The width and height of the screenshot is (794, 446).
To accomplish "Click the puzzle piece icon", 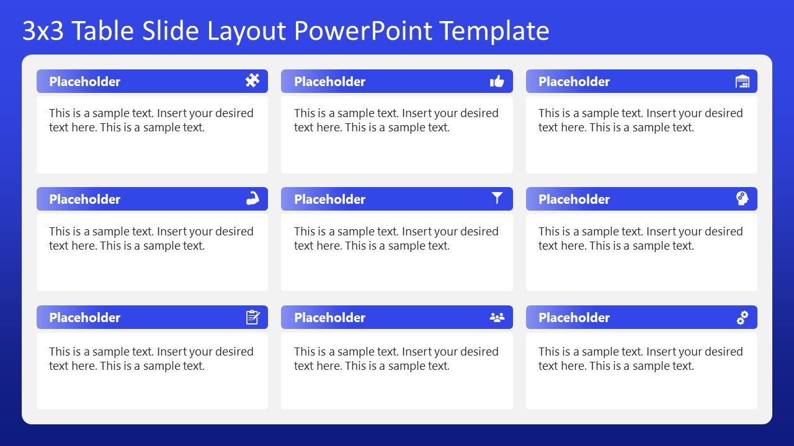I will (x=252, y=81).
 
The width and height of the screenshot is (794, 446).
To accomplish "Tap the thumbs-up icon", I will (x=497, y=81).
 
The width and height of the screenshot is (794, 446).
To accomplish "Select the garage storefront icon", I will (x=742, y=81).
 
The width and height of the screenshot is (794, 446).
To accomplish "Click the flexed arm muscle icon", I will (x=252, y=199).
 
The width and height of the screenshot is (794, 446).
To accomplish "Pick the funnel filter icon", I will (x=497, y=198).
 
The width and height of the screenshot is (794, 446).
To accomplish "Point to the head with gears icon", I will (x=742, y=198).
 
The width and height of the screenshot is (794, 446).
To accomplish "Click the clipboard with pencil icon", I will (x=252, y=317).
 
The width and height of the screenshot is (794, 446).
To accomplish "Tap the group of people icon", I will (x=497, y=317).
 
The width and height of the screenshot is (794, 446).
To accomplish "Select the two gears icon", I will (x=742, y=317).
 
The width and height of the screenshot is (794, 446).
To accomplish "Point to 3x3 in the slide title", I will (x=43, y=31).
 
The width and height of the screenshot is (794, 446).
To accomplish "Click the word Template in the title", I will (x=494, y=31).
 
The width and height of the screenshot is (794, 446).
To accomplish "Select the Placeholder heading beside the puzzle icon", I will (x=84, y=82).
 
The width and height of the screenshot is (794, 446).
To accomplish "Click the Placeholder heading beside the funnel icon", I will (x=329, y=199).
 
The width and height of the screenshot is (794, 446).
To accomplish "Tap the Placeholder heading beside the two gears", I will (x=574, y=318).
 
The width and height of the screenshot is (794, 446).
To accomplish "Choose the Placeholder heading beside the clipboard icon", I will (x=84, y=318).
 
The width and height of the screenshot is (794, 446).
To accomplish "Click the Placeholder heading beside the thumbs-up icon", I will (x=329, y=82).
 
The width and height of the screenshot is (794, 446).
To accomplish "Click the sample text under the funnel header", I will (x=396, y=238).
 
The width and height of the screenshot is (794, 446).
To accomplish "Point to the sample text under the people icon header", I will (x=396, y=359).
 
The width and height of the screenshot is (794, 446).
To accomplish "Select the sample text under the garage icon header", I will (x=640, y=120).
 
